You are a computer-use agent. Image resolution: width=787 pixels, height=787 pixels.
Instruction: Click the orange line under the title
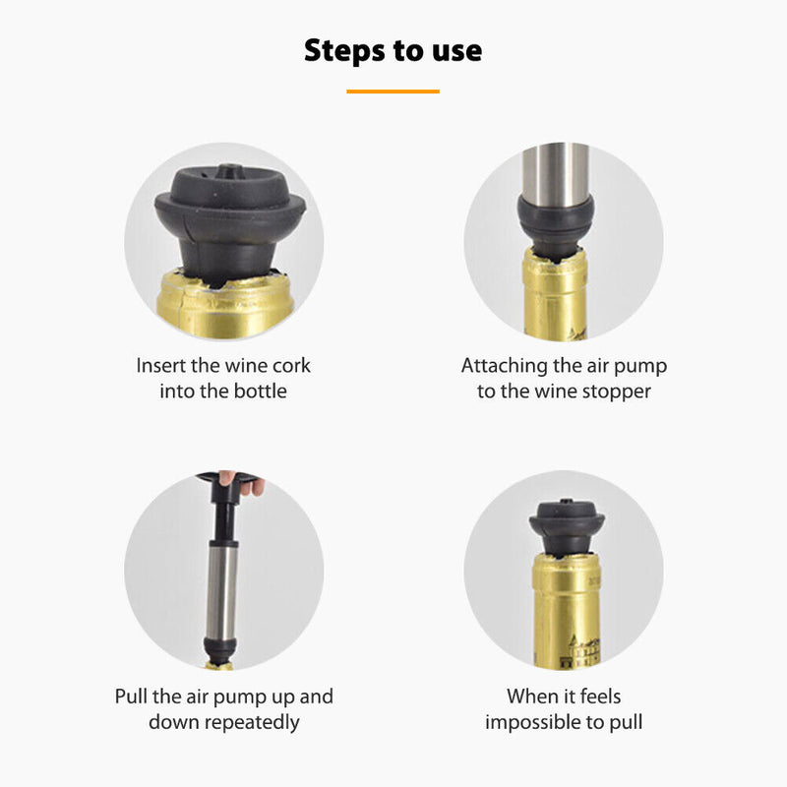(393, 91)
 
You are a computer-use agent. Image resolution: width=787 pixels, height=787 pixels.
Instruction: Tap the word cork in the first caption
(291, 365)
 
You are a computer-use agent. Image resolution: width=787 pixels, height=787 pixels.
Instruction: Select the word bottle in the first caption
(261, 391)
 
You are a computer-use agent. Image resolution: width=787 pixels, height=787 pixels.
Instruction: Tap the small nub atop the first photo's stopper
(230, 170)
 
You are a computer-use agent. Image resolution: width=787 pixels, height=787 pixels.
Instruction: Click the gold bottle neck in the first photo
(225, 305)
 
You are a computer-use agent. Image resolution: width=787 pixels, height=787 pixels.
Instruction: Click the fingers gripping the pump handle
(244, 482)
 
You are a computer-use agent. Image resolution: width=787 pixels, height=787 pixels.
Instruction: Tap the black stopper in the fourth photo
(567, 527)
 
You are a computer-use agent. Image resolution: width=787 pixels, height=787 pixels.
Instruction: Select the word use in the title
(456, 52)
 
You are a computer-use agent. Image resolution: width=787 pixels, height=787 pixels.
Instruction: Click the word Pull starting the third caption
(131, 696)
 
